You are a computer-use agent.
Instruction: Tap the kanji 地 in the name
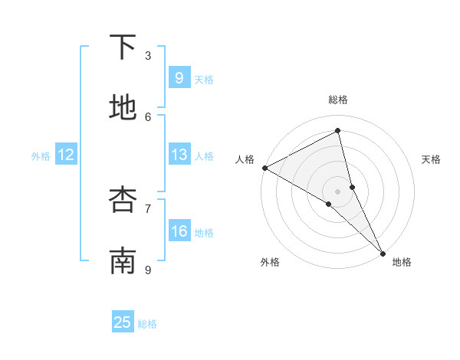[123, 108]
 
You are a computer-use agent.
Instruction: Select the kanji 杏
[123, 200]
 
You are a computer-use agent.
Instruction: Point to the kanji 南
[123, 260]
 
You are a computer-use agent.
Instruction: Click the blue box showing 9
[179, 78]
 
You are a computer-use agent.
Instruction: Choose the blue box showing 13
[179, 155]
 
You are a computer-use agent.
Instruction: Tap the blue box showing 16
[179, 231]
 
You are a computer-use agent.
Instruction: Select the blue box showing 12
[66, 155]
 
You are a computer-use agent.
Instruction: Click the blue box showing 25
[123, 322]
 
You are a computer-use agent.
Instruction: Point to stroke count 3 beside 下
[148, 55]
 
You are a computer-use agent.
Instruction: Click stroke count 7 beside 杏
[148, 208]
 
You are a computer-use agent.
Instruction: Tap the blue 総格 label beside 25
[147, 324]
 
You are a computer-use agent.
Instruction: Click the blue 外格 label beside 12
[41, 156]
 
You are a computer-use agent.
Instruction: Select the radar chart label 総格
[338, 100]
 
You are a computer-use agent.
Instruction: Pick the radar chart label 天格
[432, 159]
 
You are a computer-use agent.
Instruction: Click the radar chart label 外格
[270, 262]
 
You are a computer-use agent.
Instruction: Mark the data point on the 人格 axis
[264, 168]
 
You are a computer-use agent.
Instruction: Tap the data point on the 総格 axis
[338, 131]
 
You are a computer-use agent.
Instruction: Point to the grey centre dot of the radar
[338, 191]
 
